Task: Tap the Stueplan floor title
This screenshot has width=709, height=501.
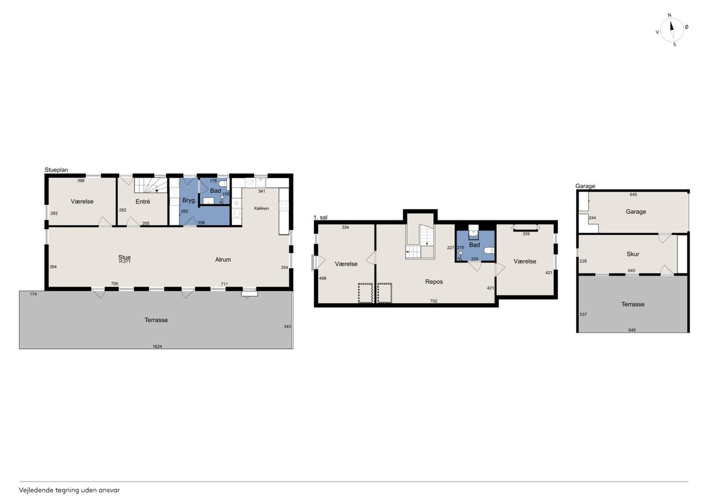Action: tap(56, 170)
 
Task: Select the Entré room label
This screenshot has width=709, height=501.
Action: tap(142, 202)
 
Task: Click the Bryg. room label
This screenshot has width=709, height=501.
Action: tap(189, 200)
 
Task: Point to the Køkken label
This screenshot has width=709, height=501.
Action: tap(261, 208)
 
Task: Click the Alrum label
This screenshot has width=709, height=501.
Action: tap(223, 260)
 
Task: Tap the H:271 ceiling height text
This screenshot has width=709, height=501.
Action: tap(125, 261)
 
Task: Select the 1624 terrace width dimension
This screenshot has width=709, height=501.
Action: tap(157, 347)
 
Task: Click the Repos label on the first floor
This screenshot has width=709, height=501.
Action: tap(434, 281)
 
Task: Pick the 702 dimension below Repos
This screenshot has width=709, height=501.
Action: tap(434, 301)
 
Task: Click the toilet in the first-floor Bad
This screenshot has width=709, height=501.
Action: tap(489, 250)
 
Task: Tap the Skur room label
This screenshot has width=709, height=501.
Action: tap(633, 254)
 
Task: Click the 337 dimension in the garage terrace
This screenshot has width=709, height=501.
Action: tap(583, 314)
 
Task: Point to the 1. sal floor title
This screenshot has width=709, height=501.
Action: tap(320, 218)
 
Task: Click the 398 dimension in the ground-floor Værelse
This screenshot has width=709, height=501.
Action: tap(81, 180)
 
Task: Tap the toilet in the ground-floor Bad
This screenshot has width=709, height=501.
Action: tap(223, 183)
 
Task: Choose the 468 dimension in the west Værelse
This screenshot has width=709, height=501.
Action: tap(322, 278)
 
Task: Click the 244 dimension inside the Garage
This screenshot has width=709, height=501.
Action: tap(592, 218)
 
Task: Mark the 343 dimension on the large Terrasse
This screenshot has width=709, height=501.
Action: tap(287, 327)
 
